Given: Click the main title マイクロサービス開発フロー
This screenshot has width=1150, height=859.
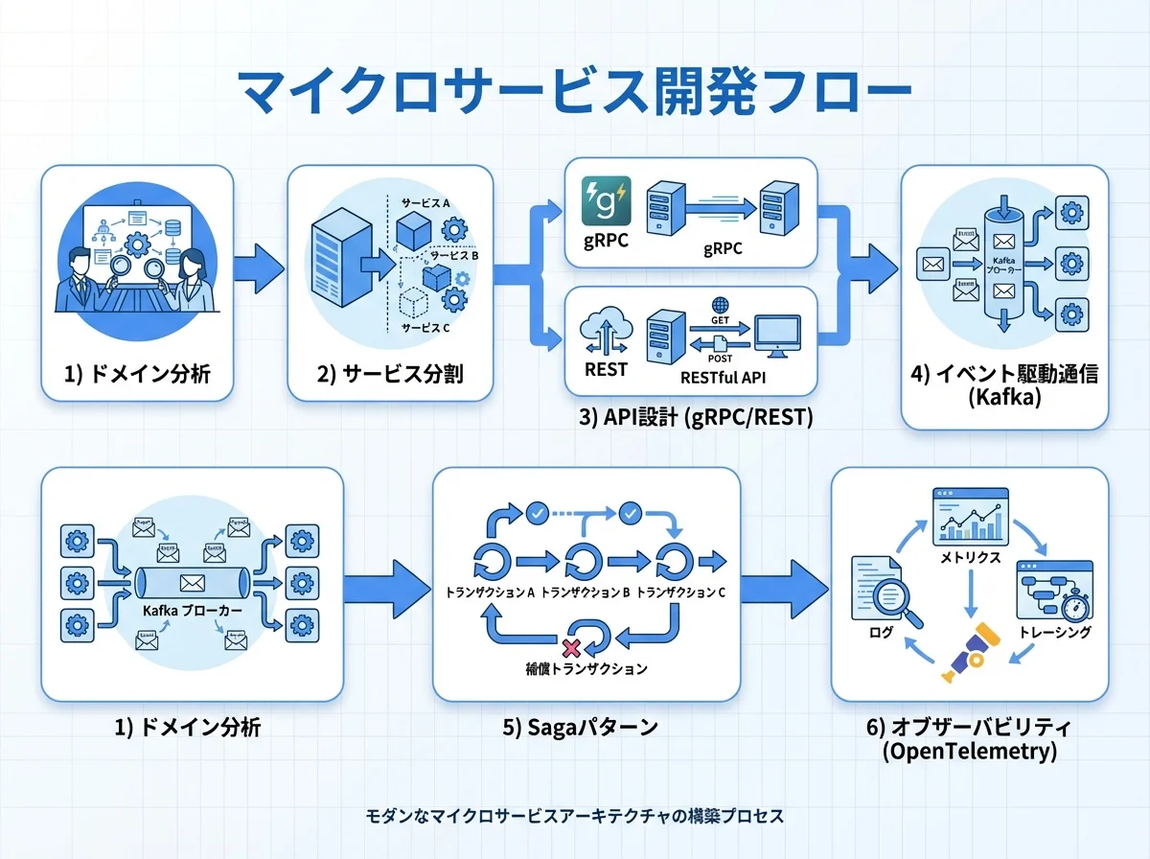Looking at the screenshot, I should click(x=574, y=93).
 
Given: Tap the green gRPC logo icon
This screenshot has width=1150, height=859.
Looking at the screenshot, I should click(x=607, y=200).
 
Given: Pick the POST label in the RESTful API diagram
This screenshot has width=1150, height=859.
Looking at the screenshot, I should click(x=721, y=357).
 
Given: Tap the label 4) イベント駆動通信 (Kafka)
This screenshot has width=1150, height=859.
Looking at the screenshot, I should click(x=1005, y=385).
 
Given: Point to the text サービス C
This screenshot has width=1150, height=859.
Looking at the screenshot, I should click(x=424, y=328).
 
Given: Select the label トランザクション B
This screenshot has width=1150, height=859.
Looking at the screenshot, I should click(x=585, y=592).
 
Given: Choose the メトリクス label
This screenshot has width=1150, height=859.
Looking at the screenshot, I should click(x=971, y=557).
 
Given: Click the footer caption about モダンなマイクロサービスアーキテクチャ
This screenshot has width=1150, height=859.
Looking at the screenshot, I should click(x=575, y=816).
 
